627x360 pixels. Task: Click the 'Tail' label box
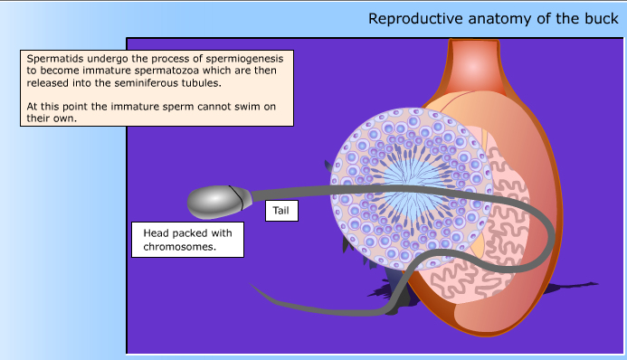280,212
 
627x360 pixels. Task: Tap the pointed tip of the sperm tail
254,286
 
